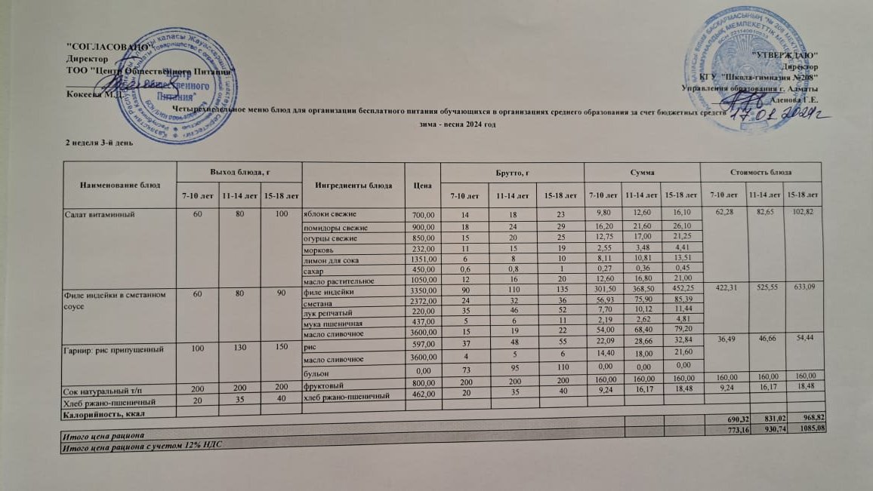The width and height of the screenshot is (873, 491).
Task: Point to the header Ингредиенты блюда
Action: (x=353, y=185)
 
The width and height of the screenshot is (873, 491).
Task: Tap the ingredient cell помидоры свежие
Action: (x=335, y=228)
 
